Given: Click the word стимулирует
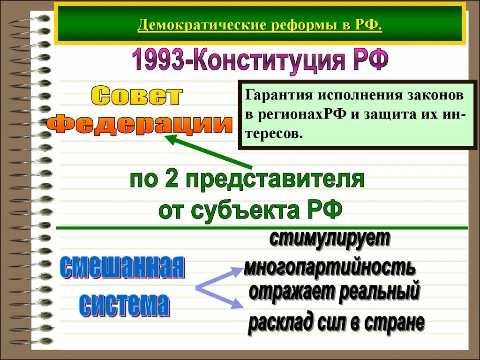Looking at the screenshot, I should pyautogui.click(x=330, y=239).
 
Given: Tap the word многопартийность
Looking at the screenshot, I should pyautogui.click(x=330, y=267).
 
